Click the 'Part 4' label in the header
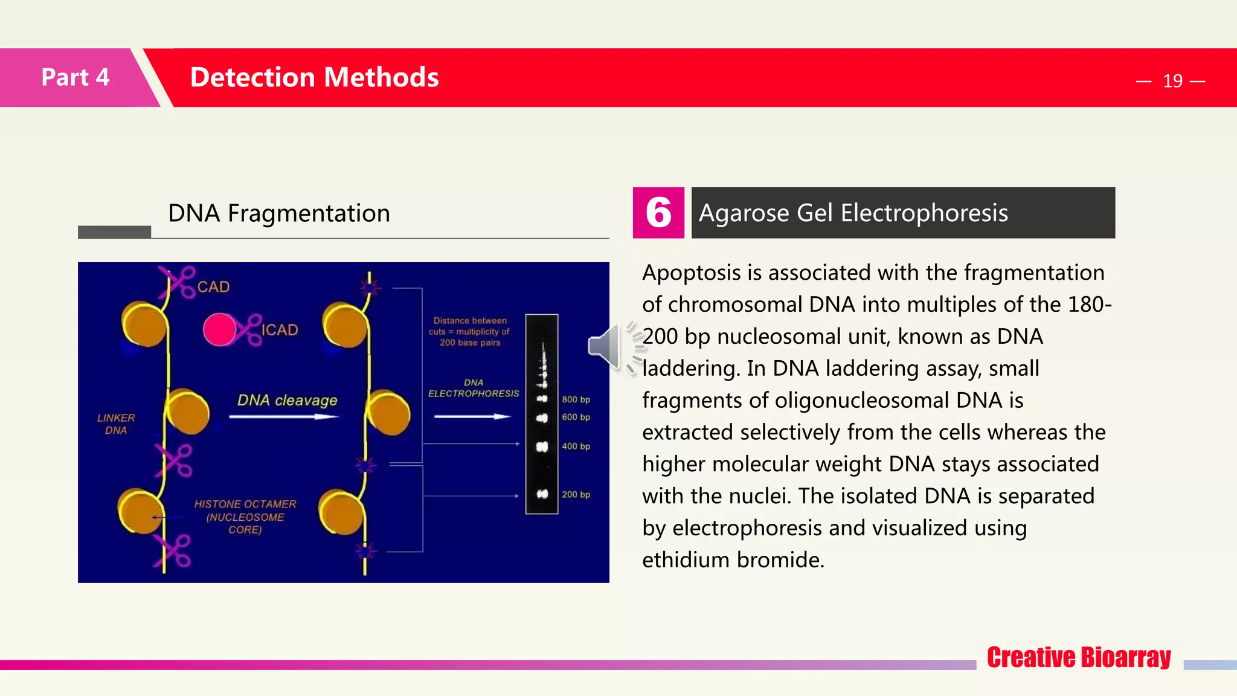(x=75, y=77)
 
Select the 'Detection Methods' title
(x=314, y=77)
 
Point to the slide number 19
(x=1172, y=81)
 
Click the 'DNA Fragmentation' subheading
(x=278, y=213)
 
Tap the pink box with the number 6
(x=658, y=213)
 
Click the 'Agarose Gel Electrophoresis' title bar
(x=902, y=213)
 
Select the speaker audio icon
(x=606, y=346)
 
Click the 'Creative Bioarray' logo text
(x=1079, y=657)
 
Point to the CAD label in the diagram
(x=213, y=287)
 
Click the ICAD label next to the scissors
(x=280, y=330)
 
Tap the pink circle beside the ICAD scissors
(x=219, y=329)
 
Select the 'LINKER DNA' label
(x=116, y=424)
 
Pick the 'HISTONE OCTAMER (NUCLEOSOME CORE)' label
(x=245, y=517)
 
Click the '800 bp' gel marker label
(x=576, y=399)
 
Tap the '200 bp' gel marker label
(x=576, y=494)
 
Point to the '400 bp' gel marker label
(x=576, y=446)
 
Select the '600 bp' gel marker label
(x=576, y=417)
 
